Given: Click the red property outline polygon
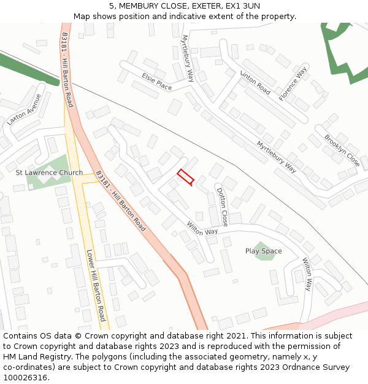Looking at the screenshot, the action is tap(185, 177).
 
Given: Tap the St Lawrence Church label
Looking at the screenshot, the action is tap(49, 173).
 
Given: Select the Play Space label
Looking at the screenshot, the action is tap(264, 251).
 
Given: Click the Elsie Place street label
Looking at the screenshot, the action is tap(156, 82).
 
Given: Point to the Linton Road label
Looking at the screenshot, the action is tap(255, 83).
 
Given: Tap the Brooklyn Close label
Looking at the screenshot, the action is tap(342, 151).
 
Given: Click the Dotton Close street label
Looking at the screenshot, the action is tap(222, 206).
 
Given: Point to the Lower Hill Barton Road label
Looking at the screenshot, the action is tap(96, 285).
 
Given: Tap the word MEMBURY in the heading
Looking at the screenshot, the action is tap(140, 6).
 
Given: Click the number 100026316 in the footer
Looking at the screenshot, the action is tap(25, 378).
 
